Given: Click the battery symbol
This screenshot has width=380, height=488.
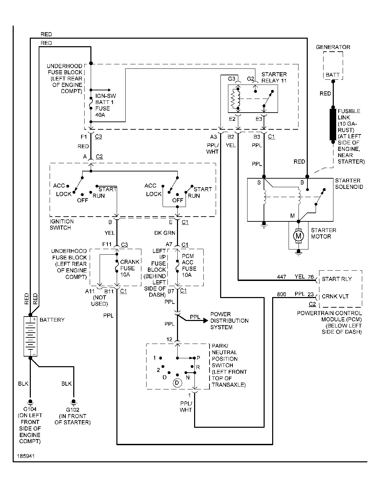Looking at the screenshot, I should (x=30, y=336).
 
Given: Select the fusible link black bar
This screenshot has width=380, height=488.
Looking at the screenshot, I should (x=333, y=125).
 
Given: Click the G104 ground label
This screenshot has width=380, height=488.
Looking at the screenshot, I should (x=30, y=409).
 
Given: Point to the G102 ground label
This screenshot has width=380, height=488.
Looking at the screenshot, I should (x=73, y=409).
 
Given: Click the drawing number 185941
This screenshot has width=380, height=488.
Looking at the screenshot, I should (x=25, y=457).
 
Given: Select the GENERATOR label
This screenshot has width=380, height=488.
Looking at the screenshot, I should (x=333, y=47).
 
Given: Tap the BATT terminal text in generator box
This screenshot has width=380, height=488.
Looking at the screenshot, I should (x=333, y=75).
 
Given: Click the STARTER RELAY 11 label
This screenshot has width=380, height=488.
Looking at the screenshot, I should (x=274, y=77).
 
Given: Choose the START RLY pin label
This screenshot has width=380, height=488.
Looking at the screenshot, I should (x=337, y=279).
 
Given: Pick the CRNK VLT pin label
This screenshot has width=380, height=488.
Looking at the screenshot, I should (x=335, y=296).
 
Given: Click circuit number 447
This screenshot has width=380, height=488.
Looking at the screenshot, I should (x=281, y=277).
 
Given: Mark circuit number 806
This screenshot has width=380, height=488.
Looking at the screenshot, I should (x=281, y=294).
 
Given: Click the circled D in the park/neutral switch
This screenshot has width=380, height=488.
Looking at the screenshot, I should (x=177, y=383).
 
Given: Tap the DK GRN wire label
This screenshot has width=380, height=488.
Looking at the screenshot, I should (x=165, y=233).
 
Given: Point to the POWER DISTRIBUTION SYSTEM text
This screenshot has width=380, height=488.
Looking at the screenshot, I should (x=229, y=321).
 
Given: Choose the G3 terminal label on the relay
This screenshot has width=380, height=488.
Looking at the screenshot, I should (x=232, y=79).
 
